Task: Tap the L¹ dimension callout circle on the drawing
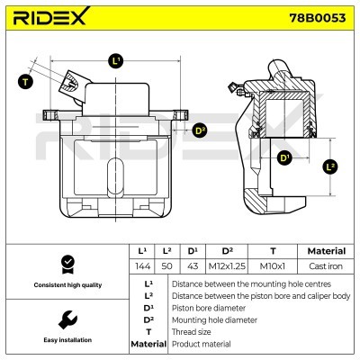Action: tap(116, 61)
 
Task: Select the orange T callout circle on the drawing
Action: tap(25, 82)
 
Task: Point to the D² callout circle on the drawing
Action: tap(200, 130)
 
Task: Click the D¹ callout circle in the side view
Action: tap(284, 159)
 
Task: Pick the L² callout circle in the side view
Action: tap(330, 167)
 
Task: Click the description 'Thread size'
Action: tap(192, 331)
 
